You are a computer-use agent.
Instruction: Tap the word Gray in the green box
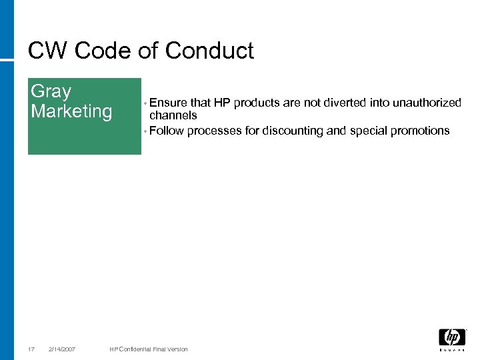point(51,91)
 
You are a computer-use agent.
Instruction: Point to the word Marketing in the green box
point(71,111)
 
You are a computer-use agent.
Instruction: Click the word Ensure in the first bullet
point(169,103)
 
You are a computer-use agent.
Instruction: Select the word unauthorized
point(425,103)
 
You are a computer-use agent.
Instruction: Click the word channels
point(173,115)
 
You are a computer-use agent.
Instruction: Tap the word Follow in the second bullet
point(167,131)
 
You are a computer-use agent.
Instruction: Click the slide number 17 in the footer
point(31,349)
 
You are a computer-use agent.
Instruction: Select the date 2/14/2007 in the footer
point(63,349)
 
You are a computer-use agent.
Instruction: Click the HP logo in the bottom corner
point(451,338)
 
